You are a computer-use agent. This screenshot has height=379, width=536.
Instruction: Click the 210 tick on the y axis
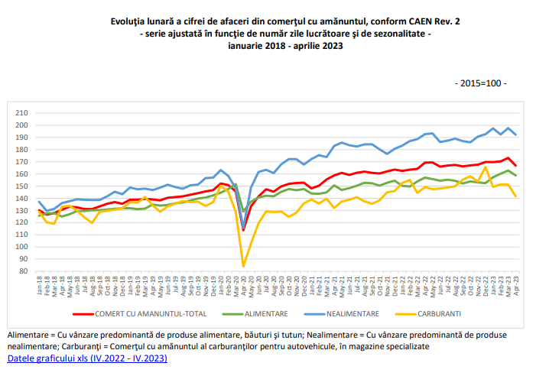click(21, 112)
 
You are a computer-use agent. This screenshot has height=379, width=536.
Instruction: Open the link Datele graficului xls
click(86, 358)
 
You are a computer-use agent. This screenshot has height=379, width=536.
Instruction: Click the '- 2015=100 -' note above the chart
click(480, 83)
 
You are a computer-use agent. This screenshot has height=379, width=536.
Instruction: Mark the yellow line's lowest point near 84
click(244, 266)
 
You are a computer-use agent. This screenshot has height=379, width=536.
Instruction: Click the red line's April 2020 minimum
click(244, 229)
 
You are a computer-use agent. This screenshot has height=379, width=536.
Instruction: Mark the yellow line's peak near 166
click(486, 167)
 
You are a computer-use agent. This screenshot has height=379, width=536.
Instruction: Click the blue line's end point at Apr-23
click(516, 134)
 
